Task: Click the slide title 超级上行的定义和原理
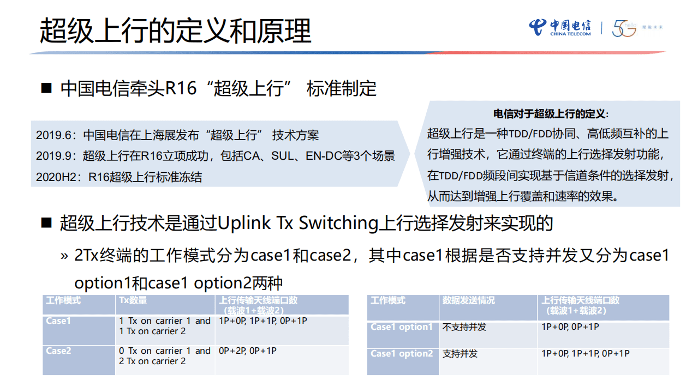pyautogui.click(x=175, y=31)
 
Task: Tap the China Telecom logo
pyautogui.click(x=559, y=28)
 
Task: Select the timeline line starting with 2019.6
pyautogui.click(x=177, y=135)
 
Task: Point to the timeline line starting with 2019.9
pyautogui.click(x=215, y=156)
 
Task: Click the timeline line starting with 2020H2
pyautogui.click(x=118, y=177)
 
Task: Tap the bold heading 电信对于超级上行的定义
pyautogui.click(x=551, y=114)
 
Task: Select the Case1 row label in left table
pyautogui.click(x=58, y=321)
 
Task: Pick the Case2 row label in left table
pyautogui.click(x=58, y=351)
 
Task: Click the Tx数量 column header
pyautogui.click(x=133, y=300)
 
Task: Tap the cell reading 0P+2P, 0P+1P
pyautogui.click(x=247, y=351)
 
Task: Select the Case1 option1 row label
pyautogui.click(x=402, y=327)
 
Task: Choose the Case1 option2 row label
pyautogui.click(x=402, y=354)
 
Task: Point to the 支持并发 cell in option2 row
pyautogui.click(x=460, y=354)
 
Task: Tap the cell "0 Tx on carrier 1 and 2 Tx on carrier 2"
pyautogui.click(x=164, y=356)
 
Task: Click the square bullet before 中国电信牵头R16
pyautogui.click(x=47, y=88)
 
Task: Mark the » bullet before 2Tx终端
pyautogui.click(x=64, y=256)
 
